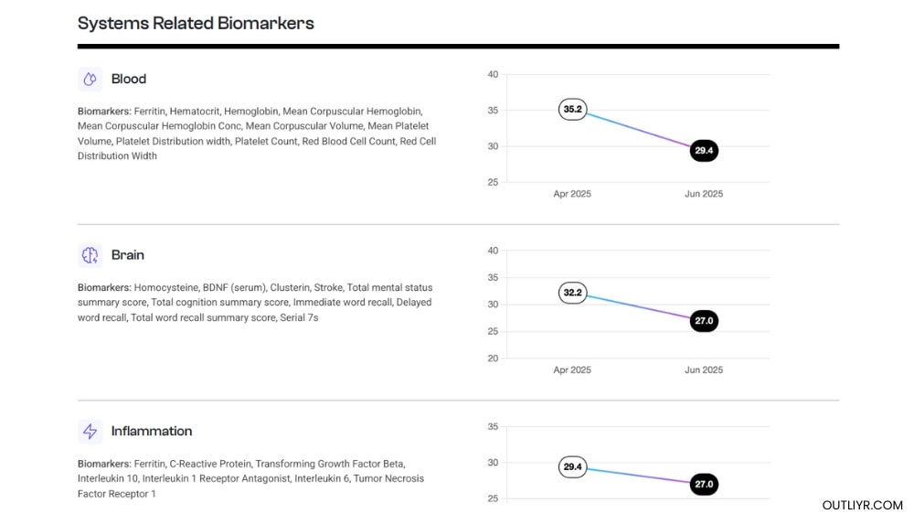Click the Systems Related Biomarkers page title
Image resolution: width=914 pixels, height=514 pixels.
[x=196, y=24]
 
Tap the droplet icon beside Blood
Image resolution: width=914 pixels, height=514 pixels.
[x=90, y=80]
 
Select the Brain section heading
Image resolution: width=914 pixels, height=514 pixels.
[x=128, y=255]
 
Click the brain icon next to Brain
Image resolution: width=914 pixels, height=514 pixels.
[x=90, y=255]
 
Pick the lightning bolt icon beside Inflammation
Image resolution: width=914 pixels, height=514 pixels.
[x=90, y=431]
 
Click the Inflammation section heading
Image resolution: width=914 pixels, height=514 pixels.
[x=152, y=431]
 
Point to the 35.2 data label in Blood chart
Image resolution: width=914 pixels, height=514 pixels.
[x=573, y=110]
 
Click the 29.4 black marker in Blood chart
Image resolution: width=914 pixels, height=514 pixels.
[x=704, y=151]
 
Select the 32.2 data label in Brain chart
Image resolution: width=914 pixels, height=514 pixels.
[x=573, y=294]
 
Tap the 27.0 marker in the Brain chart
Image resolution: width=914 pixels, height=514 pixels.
[x=704, y=321]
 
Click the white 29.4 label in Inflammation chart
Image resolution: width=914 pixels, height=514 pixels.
[x=573, y=467]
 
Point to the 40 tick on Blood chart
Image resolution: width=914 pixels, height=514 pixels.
[x=493, y=74]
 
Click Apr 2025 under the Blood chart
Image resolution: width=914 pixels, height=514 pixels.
[x=572, y=194]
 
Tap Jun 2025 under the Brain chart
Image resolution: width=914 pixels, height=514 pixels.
[x=704, y=369]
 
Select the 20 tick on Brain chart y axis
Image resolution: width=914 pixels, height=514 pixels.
[x=493, y=359]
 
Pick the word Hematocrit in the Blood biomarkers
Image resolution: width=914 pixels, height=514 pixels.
[x=193, y=111]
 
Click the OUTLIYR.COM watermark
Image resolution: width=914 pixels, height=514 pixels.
[x=862, y=505]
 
